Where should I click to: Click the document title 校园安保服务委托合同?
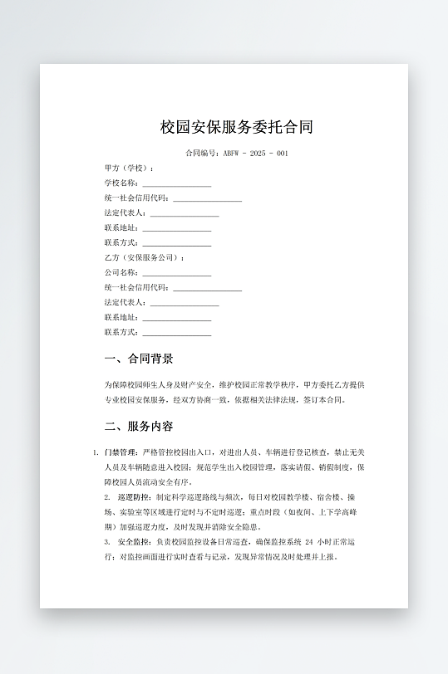click(237, 128)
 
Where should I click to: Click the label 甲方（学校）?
click(129, 168)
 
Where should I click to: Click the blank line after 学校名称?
click(176, 183)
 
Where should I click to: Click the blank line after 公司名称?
click(176, 273)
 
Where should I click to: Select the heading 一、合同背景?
click(139, 359)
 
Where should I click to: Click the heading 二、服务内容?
click(139, 427)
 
